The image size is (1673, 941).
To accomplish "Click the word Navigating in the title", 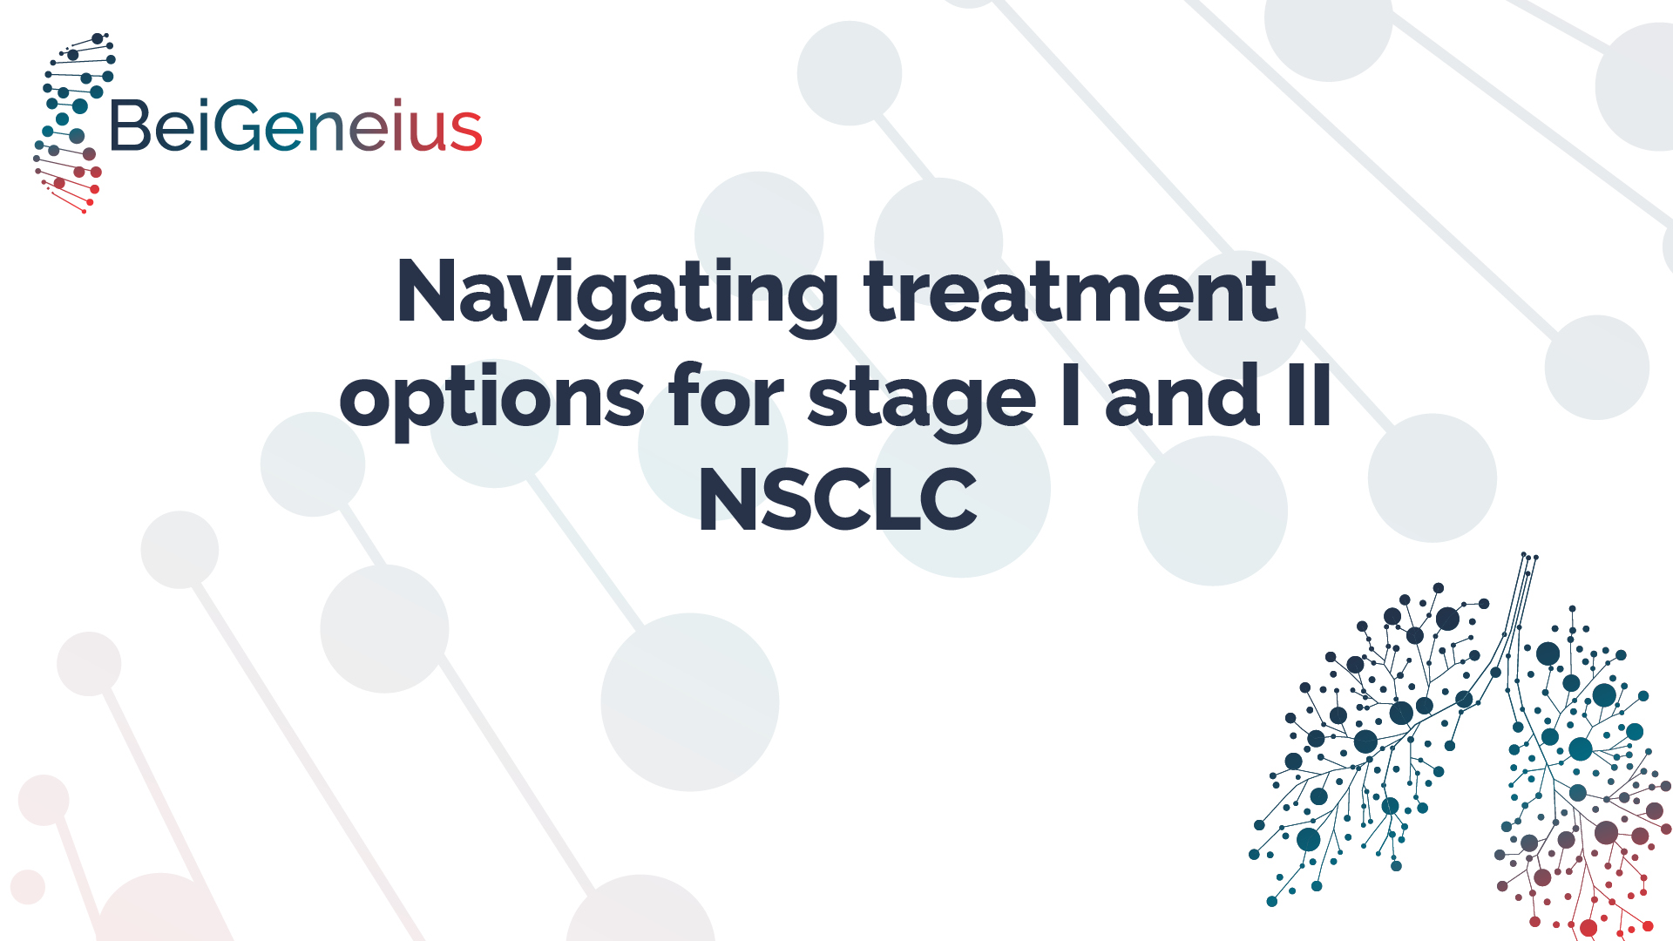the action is [x=618, y=295].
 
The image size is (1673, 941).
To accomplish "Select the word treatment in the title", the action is [x=1070, y=292].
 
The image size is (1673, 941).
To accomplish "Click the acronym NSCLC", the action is [x=837, y=499].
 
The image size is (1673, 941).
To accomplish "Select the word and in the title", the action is [x=1182, y=396].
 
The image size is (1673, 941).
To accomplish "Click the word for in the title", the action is [x=726, y=395].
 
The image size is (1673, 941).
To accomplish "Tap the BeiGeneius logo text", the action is [x=295, y=126].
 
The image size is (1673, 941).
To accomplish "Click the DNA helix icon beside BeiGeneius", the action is [x=73, y=123].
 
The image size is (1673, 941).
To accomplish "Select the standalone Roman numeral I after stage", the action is [x=1071, y=395].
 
